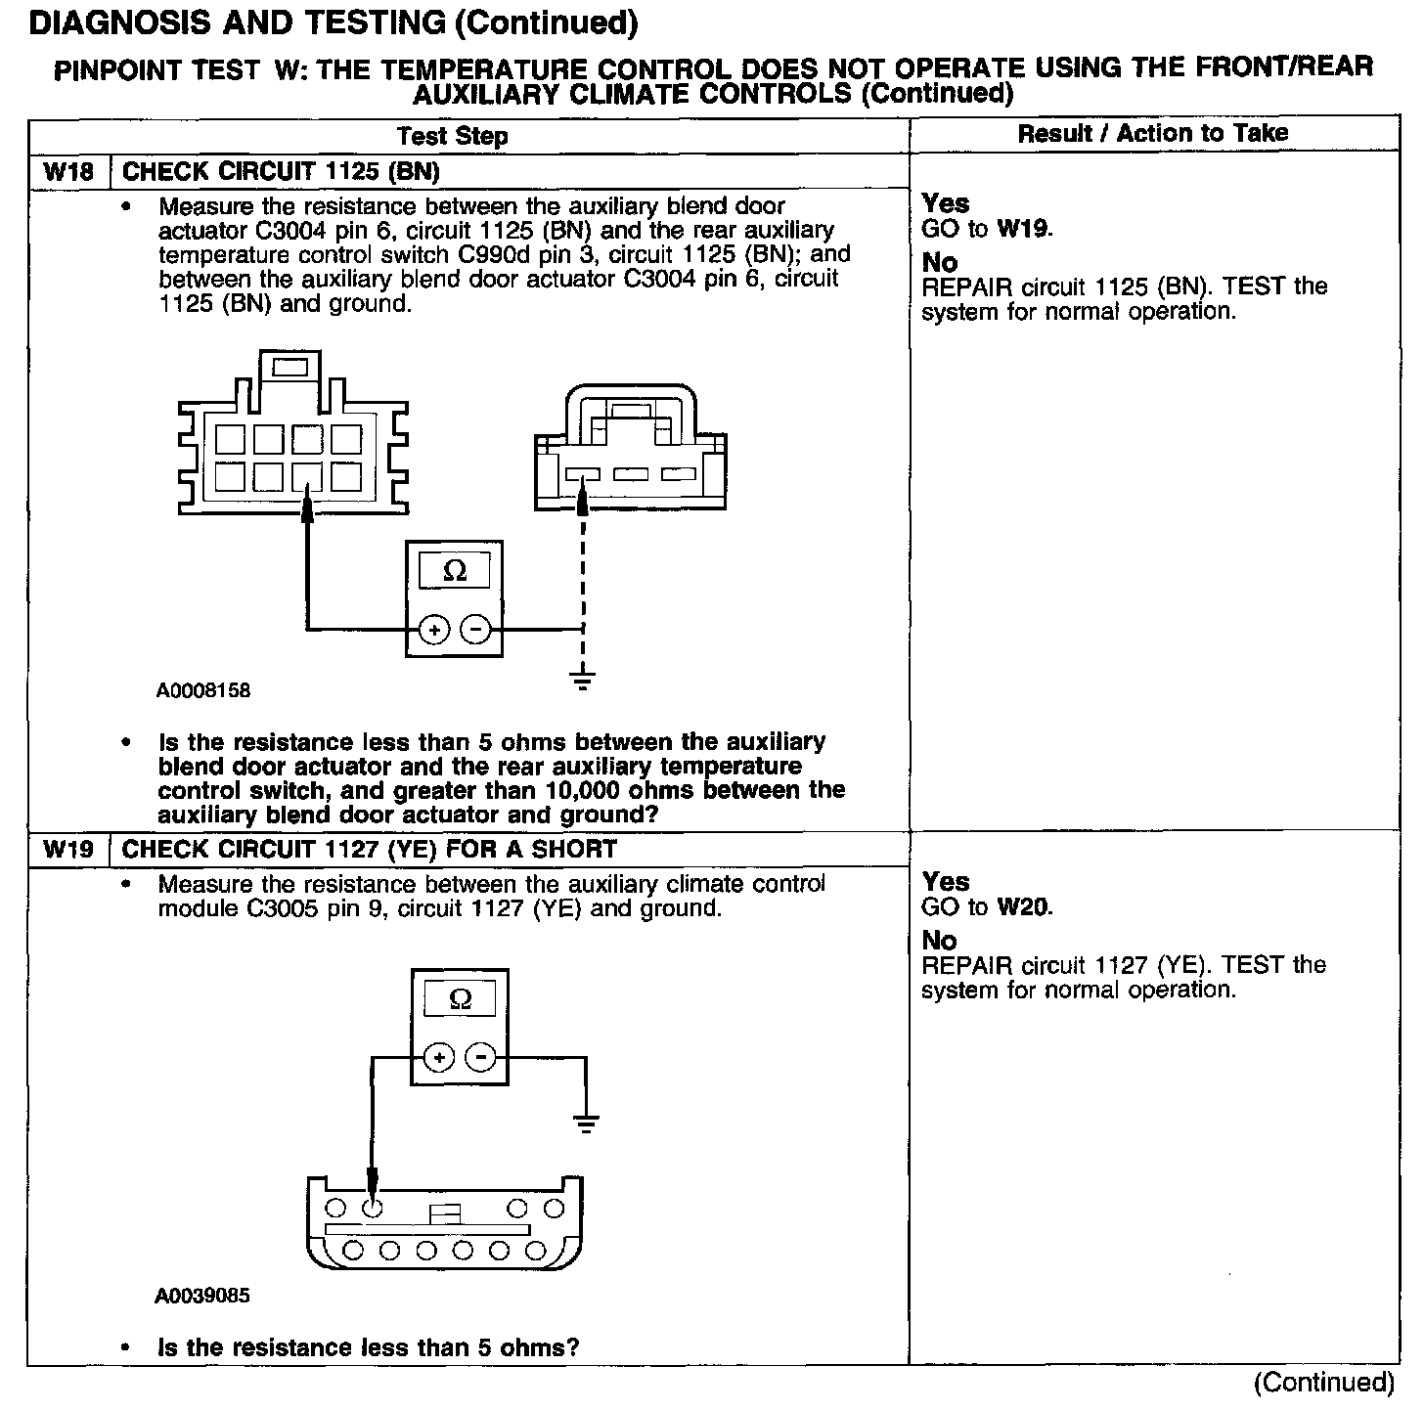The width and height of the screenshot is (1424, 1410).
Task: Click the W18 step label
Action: (68, 172)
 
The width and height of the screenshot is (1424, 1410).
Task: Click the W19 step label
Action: (68, 850)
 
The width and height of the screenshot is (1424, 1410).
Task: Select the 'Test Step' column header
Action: (453, 136)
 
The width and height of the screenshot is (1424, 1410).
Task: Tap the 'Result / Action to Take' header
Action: (1153, 134)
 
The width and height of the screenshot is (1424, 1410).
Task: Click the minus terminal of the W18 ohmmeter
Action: (476, 630)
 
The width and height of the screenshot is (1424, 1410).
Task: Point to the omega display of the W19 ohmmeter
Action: (460, 999)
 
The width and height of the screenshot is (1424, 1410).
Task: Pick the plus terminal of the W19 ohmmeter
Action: (439, 1057)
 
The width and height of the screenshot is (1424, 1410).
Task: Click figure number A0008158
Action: (203, 690)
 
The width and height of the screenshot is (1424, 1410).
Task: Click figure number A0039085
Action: (202, 1296)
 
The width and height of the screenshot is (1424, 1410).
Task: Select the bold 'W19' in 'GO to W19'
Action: (1022, 229)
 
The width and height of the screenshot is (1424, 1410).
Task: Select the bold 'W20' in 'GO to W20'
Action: (1024, 907)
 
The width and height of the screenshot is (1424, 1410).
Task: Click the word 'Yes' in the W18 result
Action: (946, 203)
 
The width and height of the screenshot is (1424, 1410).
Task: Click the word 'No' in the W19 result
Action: (940, 941)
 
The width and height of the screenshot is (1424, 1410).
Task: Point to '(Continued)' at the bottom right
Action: (1324, 1383)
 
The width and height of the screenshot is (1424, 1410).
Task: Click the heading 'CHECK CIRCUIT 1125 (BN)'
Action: (281, 172)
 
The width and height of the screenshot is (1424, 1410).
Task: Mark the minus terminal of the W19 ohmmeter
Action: (480, 1057)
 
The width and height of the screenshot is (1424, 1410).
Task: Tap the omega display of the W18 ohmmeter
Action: (456, 571)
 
